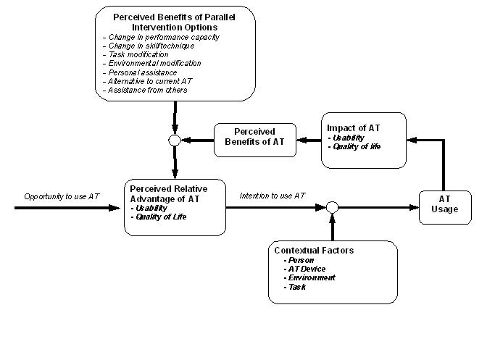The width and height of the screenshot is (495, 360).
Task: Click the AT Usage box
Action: pyautogui.click(x=445, y=207)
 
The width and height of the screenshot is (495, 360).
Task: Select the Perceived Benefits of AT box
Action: pyautogui.click(x=255, y=140)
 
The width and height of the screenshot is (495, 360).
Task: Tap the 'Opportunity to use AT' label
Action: pyautogui.click(x=62, y=196)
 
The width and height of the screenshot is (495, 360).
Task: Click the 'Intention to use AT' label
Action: pyautogui.click(x=272, y=196)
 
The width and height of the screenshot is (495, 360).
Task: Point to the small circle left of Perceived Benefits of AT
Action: pyautogui.click(x=175, y=141)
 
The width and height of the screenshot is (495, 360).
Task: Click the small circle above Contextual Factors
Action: pyautogui.click(x=332, y=207)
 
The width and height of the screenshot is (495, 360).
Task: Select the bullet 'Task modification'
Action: pyautogui.click(x=136, y=54)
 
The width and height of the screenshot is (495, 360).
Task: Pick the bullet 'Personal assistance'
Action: pyautogui.click(x=140, y=72)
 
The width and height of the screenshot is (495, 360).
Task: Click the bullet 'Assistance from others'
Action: pyautogui.click(x=145, y=91)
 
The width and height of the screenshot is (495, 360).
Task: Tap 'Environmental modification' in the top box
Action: pyautogui.click(x=152, y=64)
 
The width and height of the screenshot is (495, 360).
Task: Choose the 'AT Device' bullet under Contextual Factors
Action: pyautogui.click(x=304, y=269)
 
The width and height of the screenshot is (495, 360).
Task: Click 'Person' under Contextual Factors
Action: pyautogui.click(x=299, y=260)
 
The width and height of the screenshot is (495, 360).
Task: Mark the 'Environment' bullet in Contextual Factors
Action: pyautogui.click(x=309, y=277)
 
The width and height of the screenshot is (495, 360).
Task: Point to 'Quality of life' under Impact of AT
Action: pyautogui.click(x=354, y=147)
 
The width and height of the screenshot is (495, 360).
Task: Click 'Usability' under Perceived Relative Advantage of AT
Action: pyautogui.click(x=149, y=208)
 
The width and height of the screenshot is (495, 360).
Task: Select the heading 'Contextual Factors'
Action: pyautogui.click(x=314, y=251)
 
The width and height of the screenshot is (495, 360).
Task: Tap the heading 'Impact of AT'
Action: pyautogui.click(x=354, y=128)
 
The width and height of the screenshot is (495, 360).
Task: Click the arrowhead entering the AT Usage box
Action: pyautogui.click(x=414, y=207)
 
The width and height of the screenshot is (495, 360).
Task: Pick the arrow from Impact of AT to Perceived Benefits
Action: pyautogui.click(x=309, y=140)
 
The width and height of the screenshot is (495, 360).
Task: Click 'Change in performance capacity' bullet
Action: pyautogui.click(x=161, y=37)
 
